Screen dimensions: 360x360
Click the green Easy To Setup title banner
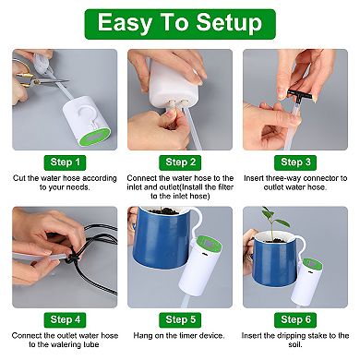tap(180, 23)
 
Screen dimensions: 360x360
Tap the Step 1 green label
tap(63, 162)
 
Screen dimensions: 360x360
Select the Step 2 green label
tap(180, 162)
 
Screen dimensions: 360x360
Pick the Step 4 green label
tap(63, 318)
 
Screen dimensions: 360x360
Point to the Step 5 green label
tap(180, 318)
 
